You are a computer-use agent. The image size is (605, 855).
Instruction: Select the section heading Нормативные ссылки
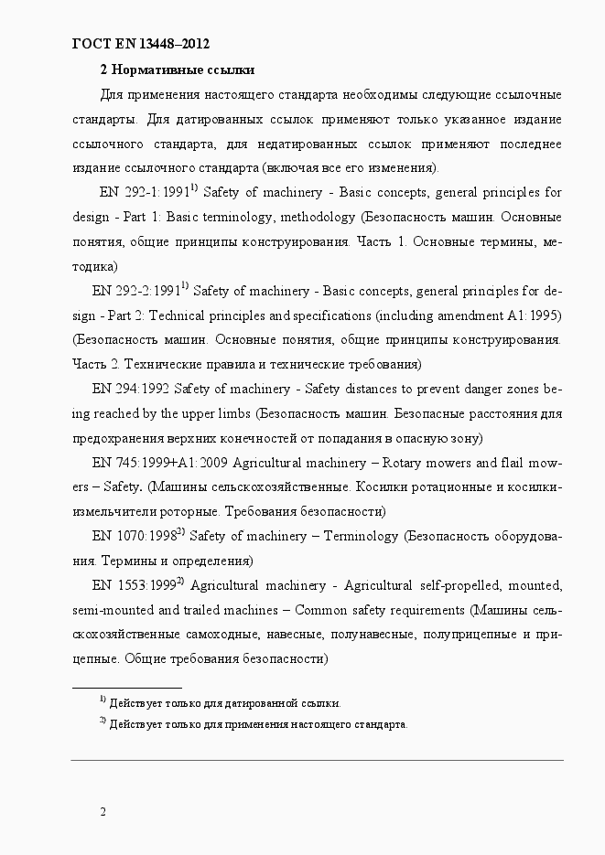[x=182, y=69]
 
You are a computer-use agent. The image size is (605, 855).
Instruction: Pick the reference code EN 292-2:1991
[x=135, y=292]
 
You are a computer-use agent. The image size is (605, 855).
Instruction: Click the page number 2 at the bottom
[x=103, y=812]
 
